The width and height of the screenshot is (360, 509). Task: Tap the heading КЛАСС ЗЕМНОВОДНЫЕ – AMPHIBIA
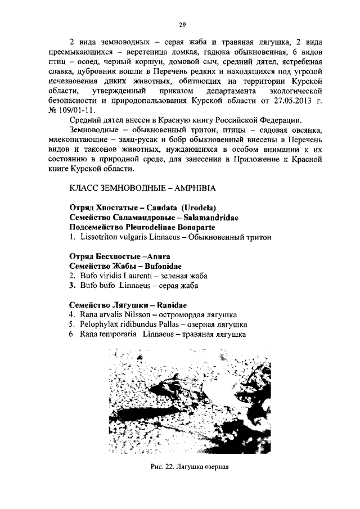[143, 187]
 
